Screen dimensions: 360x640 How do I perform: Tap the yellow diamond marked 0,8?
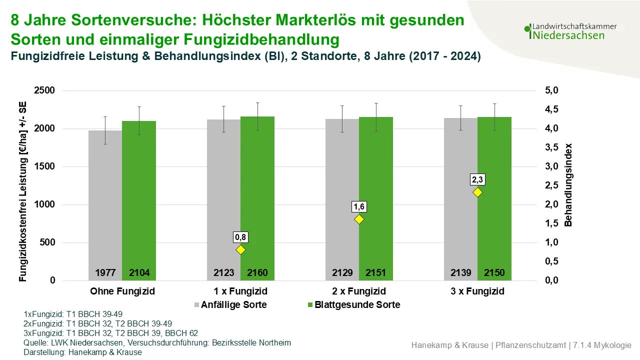(241, 249)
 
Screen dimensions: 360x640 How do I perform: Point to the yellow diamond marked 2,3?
(477, 192)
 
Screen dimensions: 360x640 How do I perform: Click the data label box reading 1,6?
(359, 206)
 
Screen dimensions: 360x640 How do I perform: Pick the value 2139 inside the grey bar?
(460, 273)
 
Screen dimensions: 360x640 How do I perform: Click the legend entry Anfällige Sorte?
(233, 304)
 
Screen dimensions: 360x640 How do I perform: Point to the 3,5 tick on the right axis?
(551, 147)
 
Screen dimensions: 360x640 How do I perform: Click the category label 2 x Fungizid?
(359, 291)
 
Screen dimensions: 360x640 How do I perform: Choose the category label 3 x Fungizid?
(477, 291)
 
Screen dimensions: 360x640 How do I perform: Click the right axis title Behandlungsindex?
(568, 185)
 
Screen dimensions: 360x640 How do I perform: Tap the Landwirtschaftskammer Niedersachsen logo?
(570, 31)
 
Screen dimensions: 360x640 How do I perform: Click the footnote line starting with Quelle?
(157, 343)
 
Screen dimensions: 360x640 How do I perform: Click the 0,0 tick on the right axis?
(551, 280)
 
